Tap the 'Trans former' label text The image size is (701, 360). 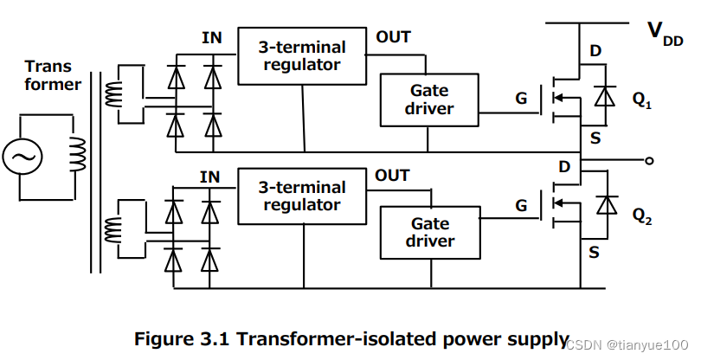pos(53,75)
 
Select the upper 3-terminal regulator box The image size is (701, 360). pos(303,55)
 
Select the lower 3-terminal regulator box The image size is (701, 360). pos(303,196)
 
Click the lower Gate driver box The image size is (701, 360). pos(429,232)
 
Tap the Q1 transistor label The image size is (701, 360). pos(641,101)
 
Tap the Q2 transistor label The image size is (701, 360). pos(641,214)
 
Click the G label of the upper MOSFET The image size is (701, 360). pos(520,99)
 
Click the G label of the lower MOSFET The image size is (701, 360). pos(520,206)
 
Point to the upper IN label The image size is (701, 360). pos(211,37)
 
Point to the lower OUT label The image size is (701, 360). pos(392,176)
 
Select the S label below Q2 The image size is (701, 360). pos(594,253)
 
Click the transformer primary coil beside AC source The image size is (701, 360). pos(77,156)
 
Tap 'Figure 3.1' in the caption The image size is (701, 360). pos(177,338)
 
